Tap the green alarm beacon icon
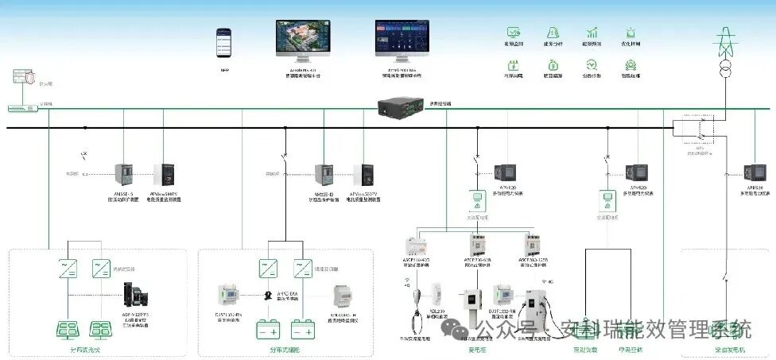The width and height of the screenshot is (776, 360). tap(631, 33)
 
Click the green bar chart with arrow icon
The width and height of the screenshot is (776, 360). tap(592, 33)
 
